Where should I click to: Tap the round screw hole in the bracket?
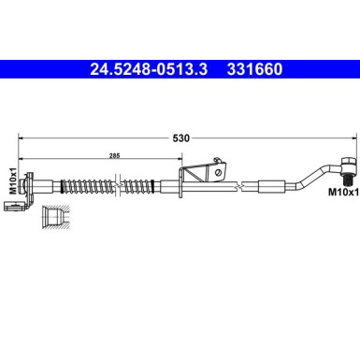[x=218, y=170]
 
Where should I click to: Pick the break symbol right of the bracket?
[x=246, y=187]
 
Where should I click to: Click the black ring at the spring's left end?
[x=59, y=182]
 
